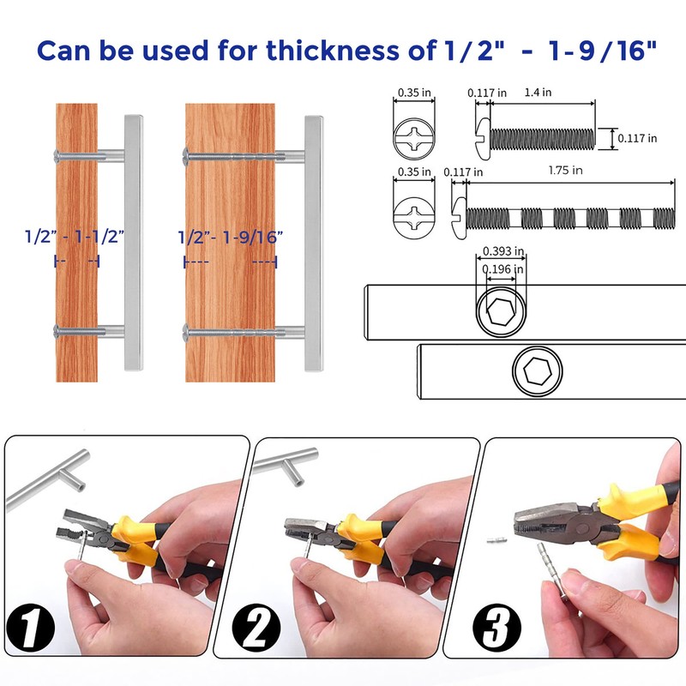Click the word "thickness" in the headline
(333, 50)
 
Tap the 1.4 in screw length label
(538, 93)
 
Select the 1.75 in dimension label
(565, 170)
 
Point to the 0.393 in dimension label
(503, 251)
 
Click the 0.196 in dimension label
(502, 269)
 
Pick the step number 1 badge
(31, 628)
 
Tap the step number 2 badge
(256, 628)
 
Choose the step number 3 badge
(496, 628)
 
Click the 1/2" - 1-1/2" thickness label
(75, 237)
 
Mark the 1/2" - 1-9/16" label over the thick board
(230, 238)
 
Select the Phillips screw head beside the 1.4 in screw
(413, 138)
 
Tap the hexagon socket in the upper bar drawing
(501, 312)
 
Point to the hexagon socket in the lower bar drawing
(538, 371)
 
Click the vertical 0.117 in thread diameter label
(637, 138)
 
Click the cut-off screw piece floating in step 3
(496, 540)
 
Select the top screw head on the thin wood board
(56, 155)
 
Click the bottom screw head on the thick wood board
(185, 331)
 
